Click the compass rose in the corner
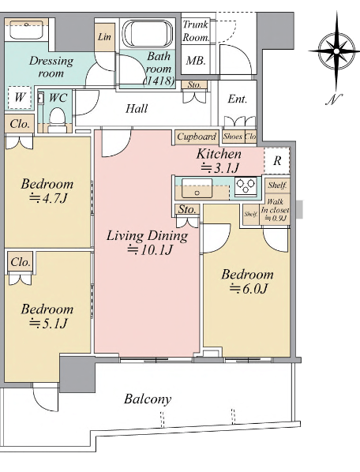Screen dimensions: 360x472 [336, 51]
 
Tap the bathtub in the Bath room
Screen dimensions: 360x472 [148, 33]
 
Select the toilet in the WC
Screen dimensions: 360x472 [57, 119]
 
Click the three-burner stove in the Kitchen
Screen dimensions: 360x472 [246, 185]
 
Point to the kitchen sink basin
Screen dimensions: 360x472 [197, 188]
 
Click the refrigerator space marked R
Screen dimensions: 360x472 [277, 161]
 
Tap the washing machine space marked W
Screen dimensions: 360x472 [20, 97]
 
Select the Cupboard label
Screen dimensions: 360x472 [197, 137]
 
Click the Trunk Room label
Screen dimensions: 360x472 [196, 31]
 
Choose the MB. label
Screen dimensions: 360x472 [195, 61]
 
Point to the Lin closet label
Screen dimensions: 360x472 [104, 37]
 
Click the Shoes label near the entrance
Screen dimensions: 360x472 [233, 137]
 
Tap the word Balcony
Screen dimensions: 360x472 [148, 399]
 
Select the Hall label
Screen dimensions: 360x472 [137, 108]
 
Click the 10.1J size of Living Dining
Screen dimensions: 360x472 [149, 250]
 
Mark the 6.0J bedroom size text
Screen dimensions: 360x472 [249, 289]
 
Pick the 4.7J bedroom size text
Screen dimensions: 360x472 [48, 198]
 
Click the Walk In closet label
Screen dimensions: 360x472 [275, 209]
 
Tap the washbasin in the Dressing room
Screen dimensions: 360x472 [27, 30]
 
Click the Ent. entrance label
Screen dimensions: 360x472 [237, 99]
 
